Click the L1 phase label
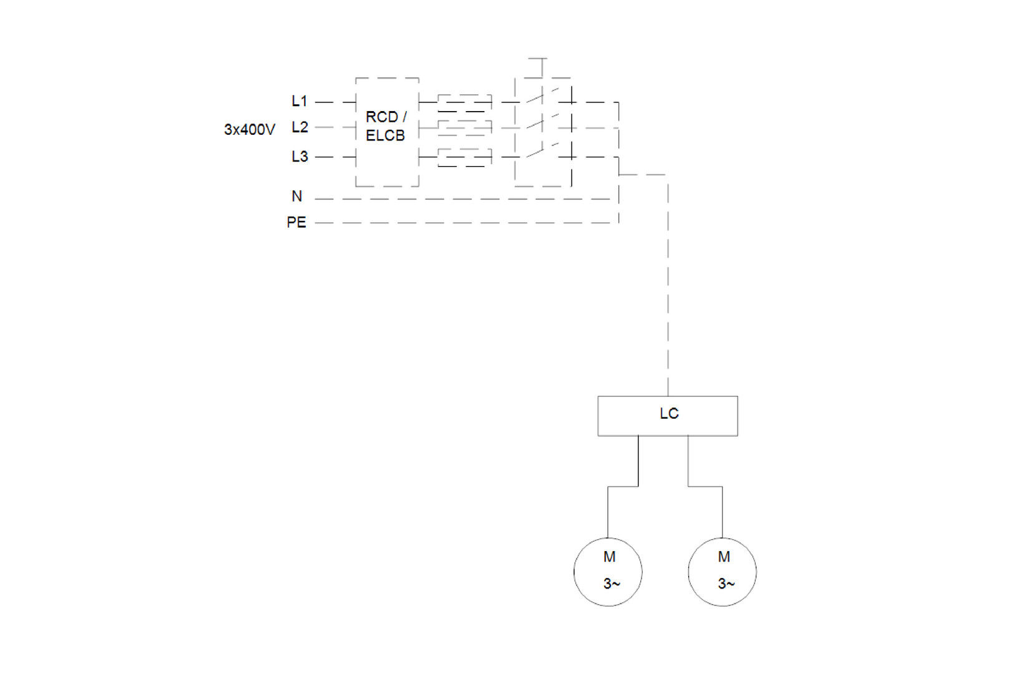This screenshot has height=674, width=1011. pos(300,101)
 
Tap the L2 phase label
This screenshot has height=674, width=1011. pos(300,127)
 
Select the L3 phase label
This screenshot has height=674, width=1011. pos(300,157)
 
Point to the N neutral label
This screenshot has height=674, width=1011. pos(297,197)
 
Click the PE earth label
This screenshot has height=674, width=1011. pos(296,223)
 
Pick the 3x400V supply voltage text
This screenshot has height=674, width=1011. pos(250,130)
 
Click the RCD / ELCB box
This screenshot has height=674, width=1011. pos(387,131)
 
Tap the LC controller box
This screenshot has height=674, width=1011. pos(668,416)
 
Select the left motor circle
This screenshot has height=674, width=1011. pos(608,572)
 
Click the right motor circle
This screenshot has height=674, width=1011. pos(722,572)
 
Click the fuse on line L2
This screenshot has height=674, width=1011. pos(464,128)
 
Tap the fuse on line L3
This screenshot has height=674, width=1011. pos(464,157)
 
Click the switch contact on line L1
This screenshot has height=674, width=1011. pos(535,98)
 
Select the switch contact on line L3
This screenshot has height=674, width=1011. pos(535,153)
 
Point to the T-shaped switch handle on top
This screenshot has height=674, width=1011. pos(538,59)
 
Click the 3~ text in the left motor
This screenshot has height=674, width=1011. pos(612,584)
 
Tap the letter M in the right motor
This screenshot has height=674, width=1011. pos(724,557)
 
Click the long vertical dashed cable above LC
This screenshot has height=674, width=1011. pos(668,281)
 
